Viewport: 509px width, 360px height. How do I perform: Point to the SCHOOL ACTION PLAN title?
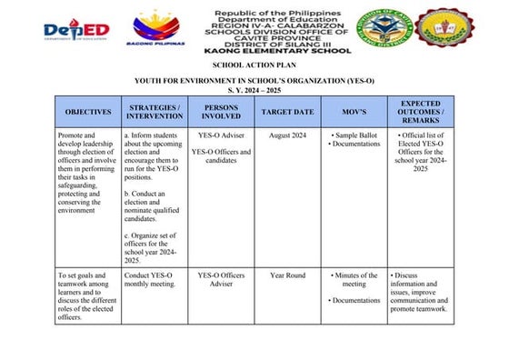click(x=254, y=66)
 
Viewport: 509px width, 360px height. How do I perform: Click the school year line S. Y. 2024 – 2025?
click(x=254, y=89)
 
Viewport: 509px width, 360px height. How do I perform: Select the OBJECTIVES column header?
click(x=88, y=111)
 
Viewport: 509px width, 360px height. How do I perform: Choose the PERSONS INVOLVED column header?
click(x=221, y=111)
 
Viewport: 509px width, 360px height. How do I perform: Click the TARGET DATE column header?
click(x=287, y=111)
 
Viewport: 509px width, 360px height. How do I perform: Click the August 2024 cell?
click(x=287, y=135)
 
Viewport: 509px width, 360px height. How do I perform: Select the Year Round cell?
click(x=287, y=275)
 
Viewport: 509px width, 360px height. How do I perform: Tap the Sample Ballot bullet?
click(x=355, y=135)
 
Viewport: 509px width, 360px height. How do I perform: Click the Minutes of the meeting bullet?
click(x=355, y=280)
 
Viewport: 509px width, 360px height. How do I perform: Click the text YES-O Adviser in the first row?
click(x=221, y=135)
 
